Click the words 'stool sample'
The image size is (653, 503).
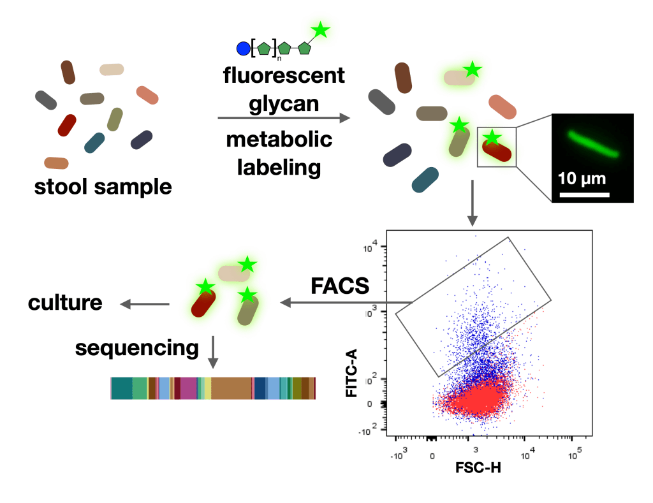click(103, 187)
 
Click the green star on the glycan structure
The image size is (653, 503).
click(320, 29)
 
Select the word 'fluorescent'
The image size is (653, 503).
click(284, 76)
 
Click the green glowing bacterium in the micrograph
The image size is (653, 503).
click(592, 143)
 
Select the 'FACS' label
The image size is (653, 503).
click(340, 286)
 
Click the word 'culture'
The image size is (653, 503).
click(65, 302)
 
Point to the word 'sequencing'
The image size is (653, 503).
click(136, 348)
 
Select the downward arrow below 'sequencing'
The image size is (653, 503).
click(214, 354)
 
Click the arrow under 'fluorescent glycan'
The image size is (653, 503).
click(284, 118)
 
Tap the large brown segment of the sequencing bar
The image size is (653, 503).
click(231, 388)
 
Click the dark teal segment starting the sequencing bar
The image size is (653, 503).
click(121, 388)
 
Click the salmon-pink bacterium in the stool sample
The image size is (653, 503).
click(147, 96)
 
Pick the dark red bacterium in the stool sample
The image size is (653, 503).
click(67, 125)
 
